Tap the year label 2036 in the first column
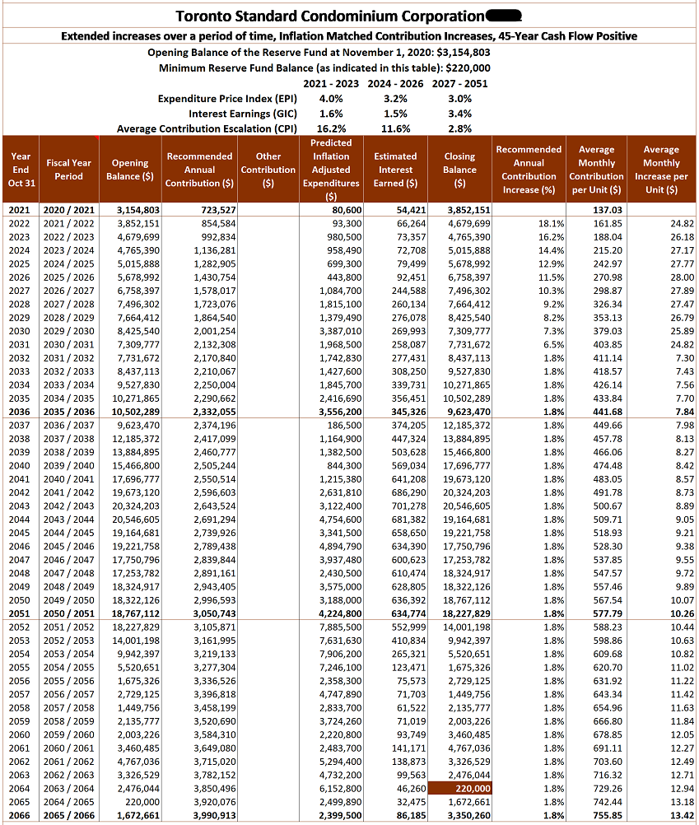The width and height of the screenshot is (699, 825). point(20,412)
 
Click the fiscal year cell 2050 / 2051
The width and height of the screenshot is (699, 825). point(69,613)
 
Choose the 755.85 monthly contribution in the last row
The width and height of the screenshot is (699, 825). point(605,814)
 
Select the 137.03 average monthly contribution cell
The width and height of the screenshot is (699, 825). point(605,210)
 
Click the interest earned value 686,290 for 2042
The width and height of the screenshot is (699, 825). point(408,492)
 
